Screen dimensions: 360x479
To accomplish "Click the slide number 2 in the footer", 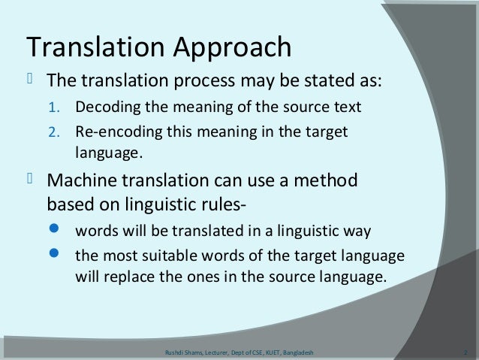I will (466, 352).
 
